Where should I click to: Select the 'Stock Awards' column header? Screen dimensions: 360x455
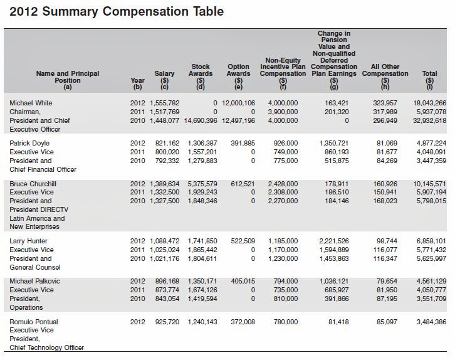click(x=201, y=70)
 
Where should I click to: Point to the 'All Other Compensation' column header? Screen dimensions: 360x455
click(x=385, y=70)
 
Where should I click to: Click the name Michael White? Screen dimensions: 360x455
click(x=29, y=102)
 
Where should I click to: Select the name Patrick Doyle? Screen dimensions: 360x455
click(x=29, y=144)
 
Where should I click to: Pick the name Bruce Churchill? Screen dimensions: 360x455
click(x=33, y=184)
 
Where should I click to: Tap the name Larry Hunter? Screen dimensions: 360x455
click(x=28, y=241)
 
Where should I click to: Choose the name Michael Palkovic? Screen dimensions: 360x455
click(x=34, y=282)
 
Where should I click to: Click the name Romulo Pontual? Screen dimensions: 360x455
click(x=34, y=322)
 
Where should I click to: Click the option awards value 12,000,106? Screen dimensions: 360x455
click(x=237, y=102)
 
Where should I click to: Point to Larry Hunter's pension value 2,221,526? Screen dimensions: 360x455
click(x=334, y=241)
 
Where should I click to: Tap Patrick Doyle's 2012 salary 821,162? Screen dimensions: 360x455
click(x=166, y=144)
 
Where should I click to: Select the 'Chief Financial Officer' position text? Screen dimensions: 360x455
click(x=43, y=169)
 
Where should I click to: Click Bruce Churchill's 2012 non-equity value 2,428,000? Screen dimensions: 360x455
click(x=283, y=184)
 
